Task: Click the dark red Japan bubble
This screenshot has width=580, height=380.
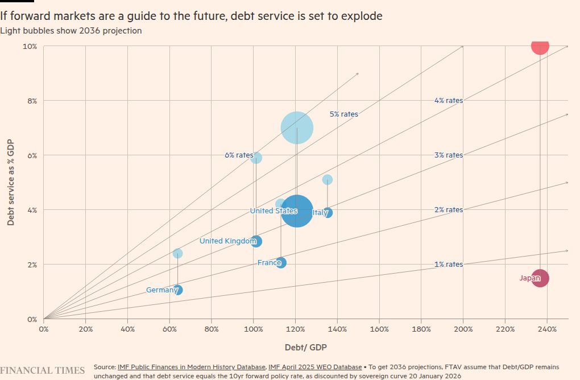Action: point(540,278)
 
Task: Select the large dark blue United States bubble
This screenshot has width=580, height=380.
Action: point(297,212)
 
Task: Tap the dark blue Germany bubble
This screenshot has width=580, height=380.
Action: point(178,290)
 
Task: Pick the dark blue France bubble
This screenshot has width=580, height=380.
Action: point(281,262)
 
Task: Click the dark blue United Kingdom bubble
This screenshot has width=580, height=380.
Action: point(256,241)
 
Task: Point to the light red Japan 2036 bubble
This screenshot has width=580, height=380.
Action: point(540,46)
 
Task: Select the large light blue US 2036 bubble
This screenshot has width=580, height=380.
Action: point(297,128)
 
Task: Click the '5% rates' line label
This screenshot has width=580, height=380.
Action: point(344,114)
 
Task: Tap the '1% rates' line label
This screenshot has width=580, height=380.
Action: point(449,265)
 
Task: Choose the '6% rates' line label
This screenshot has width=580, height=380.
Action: point(239,155)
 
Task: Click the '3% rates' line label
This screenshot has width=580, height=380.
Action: point(449,155)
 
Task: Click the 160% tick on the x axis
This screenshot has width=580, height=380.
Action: point(379,329)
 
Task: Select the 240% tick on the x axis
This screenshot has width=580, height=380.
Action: point(547,329)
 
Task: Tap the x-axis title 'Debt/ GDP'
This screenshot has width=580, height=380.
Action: point(306,347)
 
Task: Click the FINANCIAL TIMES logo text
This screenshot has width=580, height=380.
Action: point(43,370)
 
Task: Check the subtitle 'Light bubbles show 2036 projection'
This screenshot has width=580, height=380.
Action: point(71,31)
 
